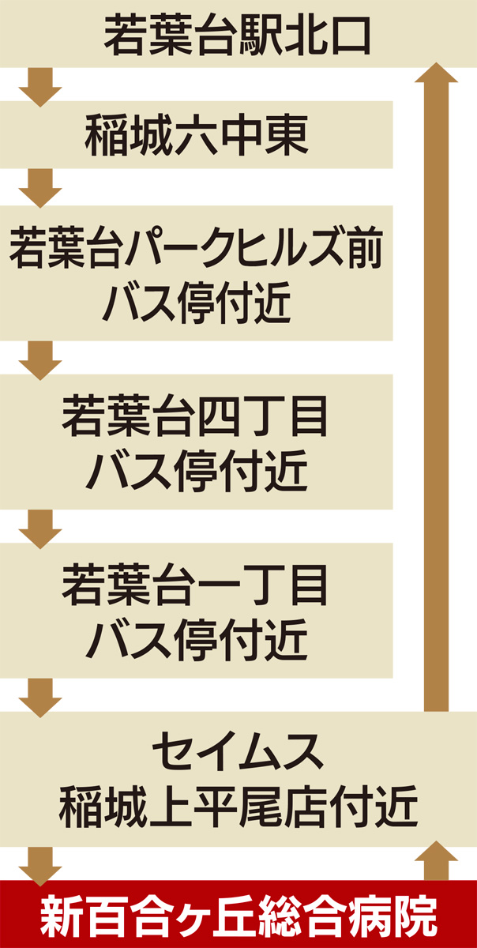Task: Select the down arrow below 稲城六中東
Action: pos(40,186)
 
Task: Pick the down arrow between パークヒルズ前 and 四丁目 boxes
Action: pos(40,359)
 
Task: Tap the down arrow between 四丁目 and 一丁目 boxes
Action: pos(40,527)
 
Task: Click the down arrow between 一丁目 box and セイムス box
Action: pos(40,696)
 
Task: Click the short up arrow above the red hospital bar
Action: pos(436,861)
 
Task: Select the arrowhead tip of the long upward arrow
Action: pos(436,68)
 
